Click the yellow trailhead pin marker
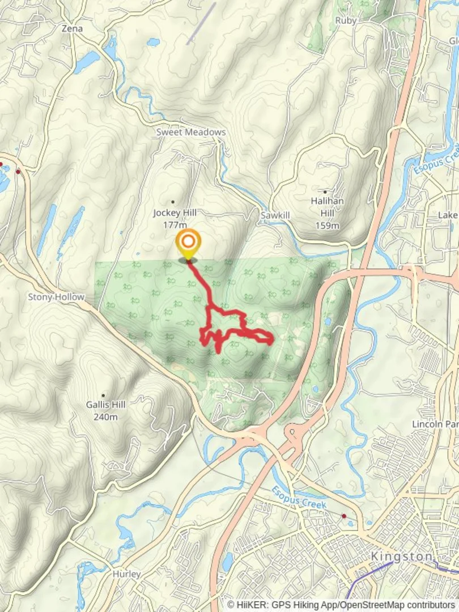pos(188,244)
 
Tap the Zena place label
pos(72,28)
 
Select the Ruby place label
pos(346,20)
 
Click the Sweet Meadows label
pos(191,132)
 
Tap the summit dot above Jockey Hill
pos(173,202)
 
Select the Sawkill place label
pos(275,216)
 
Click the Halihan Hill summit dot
pos(325,192)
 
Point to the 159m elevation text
pos(328,226)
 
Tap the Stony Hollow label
pos(56,297)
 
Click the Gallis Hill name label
pos(105,405)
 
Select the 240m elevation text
pos(106,417)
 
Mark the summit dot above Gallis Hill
pos(103,395)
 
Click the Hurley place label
pos(126,574)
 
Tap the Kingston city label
pos(402,556)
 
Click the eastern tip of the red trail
pos(273,339)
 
